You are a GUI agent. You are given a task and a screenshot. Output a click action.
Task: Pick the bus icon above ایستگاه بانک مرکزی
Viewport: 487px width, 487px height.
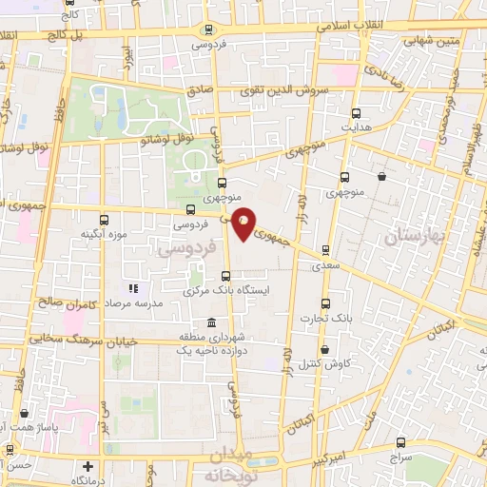pos(225,276)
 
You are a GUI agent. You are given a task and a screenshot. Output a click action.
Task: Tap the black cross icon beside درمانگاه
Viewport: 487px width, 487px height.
pos(88,467)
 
